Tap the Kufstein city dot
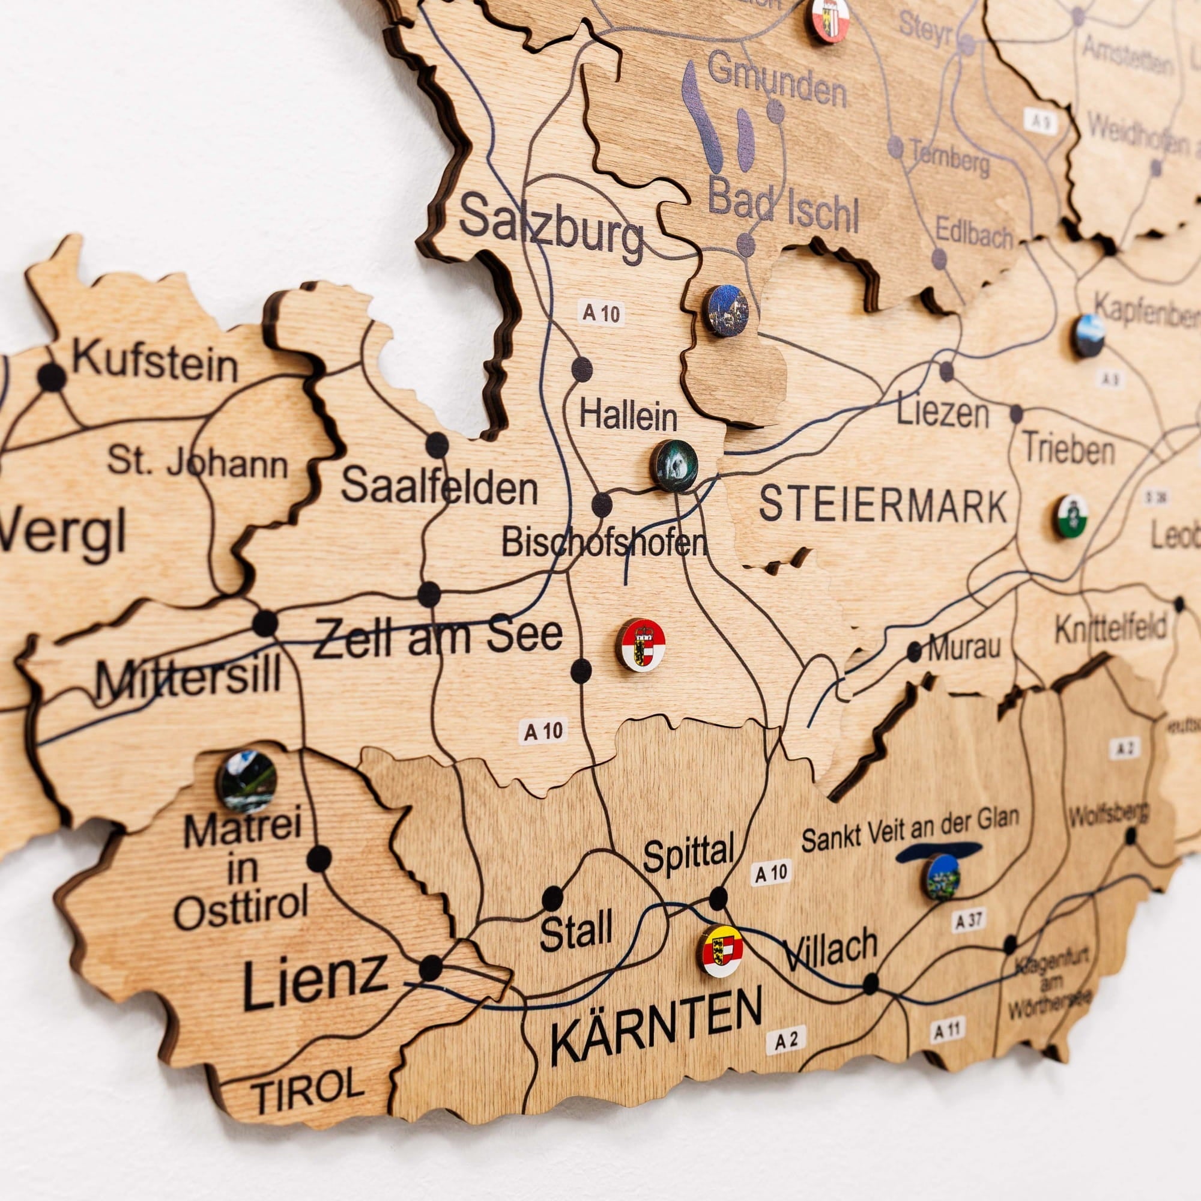tap(51, 377)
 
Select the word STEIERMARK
tap(883, 506)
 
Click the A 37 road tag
tap(967, 921)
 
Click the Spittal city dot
tap(718, 898)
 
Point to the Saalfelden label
tap(439, 488)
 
